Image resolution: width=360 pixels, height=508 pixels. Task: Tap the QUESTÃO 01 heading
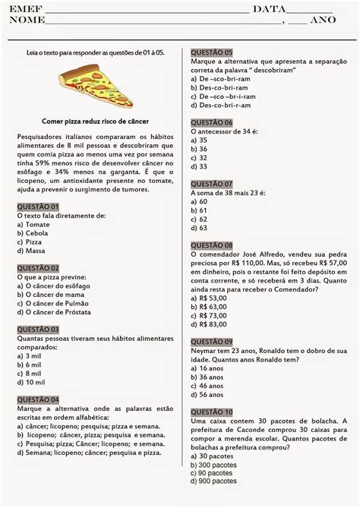[37, 206]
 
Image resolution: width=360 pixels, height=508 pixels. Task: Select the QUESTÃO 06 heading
[212, 121]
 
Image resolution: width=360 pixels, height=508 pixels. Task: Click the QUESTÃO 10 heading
[212, 411]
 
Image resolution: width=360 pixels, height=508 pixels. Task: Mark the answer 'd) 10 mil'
[30, 383]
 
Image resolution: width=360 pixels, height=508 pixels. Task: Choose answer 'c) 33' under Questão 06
[199, 158]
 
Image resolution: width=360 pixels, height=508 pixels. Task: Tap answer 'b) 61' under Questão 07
[199, 210]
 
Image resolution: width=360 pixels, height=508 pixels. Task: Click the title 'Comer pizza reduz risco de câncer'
[95, 121]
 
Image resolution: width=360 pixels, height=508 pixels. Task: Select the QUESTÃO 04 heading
[37, 399]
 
